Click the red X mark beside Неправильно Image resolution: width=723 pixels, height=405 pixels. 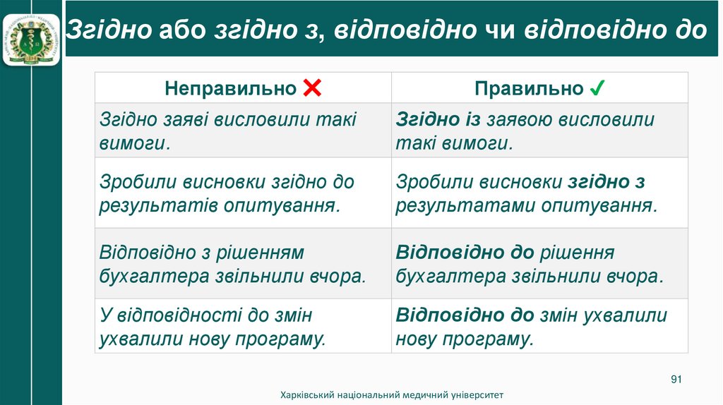click(x=311, y=88)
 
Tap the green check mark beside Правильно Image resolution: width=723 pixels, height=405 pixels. click(x=596, y=88)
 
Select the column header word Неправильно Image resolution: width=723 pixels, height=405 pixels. click(x=230, y=88)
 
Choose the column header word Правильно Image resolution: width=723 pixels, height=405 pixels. click(x=529, y=88)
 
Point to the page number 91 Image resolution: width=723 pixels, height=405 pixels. click(x=676, y=380)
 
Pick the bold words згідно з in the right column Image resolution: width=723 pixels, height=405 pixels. click(x=607, y=182)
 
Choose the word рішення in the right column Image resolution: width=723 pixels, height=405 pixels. click(x=578, y=252)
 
